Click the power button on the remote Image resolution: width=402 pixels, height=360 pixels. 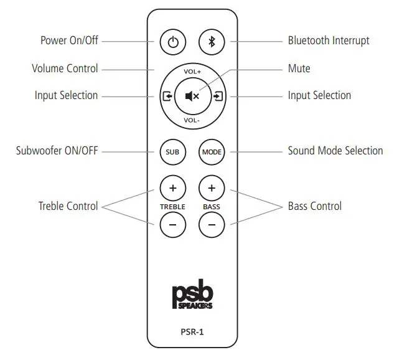pos(173,42)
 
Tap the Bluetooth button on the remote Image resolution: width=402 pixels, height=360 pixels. pos(211,42)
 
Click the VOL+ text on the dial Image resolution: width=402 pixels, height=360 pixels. pos(192,72)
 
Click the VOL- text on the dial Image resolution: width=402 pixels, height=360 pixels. pos(192,120)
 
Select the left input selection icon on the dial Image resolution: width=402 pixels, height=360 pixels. pos(167,96)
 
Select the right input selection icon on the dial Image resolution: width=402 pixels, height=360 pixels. pos(218,96)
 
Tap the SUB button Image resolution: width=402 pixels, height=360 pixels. pos(172,151)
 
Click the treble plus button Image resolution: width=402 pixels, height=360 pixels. pos(172,187)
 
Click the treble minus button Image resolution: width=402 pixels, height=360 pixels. pos(172,225)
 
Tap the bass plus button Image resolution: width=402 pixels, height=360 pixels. pos(212,187)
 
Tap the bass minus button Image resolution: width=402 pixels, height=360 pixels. pos(212,225)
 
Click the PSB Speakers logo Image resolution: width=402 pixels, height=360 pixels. pos(192,296)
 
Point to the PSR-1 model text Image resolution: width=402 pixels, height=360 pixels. pos(192,332)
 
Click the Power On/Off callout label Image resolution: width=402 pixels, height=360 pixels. pos(69,40)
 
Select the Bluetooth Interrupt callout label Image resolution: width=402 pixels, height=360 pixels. pos(328,40)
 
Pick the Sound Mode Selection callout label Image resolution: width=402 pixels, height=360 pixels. pos(335,151)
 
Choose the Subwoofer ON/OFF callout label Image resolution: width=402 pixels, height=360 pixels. pos(57,151)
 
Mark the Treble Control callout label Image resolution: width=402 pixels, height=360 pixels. pos(68,206)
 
